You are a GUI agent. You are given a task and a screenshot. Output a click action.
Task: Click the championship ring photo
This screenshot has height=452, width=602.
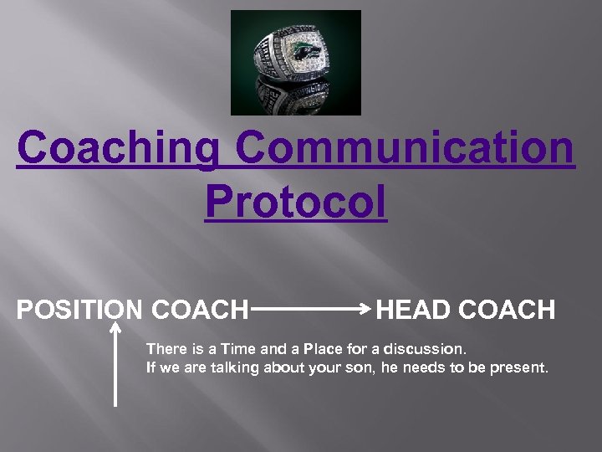295,63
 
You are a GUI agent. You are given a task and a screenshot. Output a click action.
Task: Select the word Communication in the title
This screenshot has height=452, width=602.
405,149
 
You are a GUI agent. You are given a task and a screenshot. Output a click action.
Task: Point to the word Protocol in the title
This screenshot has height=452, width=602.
295,202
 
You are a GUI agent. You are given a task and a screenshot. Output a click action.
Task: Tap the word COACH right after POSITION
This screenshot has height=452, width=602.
201,310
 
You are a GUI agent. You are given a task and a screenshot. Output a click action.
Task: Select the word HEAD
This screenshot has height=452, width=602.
415,310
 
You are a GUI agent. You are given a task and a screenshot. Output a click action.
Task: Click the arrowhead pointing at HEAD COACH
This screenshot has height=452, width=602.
366,310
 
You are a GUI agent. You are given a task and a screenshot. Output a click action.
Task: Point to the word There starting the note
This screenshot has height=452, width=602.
166,348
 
